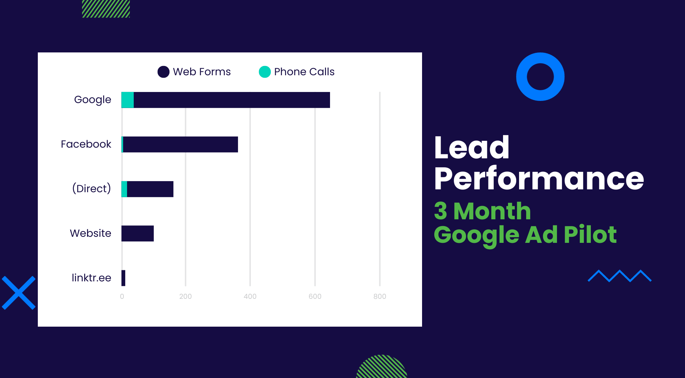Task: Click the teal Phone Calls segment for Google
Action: click(127, 100)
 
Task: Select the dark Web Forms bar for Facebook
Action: click(181, 144)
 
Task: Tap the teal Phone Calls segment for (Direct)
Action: click(124, 189)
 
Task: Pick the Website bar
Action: click(137, 234)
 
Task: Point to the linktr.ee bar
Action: click(123, 278)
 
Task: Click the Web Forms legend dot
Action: click(163, 72)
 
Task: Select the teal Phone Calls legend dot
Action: click(265, 72)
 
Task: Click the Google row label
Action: click(92, 100)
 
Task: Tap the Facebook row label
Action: click(86, 144)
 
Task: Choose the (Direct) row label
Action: click(91, 188)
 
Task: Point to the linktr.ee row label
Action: click(91, 278)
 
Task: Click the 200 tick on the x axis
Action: click(186, 296)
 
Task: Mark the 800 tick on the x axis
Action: click(380, 296)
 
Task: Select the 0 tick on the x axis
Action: click(122, 296)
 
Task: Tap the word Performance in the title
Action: click(539, 179)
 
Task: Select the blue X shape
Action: click(19, 293)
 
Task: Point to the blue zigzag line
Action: click(620, 276)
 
